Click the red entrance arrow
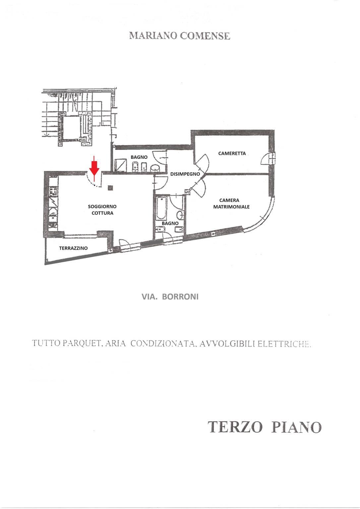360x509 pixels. click(94, 168)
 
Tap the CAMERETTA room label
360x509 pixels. click(232, 154)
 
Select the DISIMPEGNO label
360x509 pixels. click(185, 174)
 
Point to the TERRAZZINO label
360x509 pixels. click(73, 248)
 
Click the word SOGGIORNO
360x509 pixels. click(102, 207)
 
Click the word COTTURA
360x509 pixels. click(102, 213)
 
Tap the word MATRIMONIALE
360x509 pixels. click(231, 207)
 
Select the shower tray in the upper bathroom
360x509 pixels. click(121, 165)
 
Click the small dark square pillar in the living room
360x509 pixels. click(110, 188)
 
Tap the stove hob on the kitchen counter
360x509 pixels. click(54, 191)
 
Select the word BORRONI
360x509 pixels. click(180, 297)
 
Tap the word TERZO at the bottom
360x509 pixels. click(235, 427)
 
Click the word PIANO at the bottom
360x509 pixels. click(296, 427)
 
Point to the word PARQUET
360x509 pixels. click(81, 343)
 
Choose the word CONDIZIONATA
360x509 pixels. click(163, 343)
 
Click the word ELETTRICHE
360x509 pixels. click(284, 344)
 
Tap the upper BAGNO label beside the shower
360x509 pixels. click(139, 157)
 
